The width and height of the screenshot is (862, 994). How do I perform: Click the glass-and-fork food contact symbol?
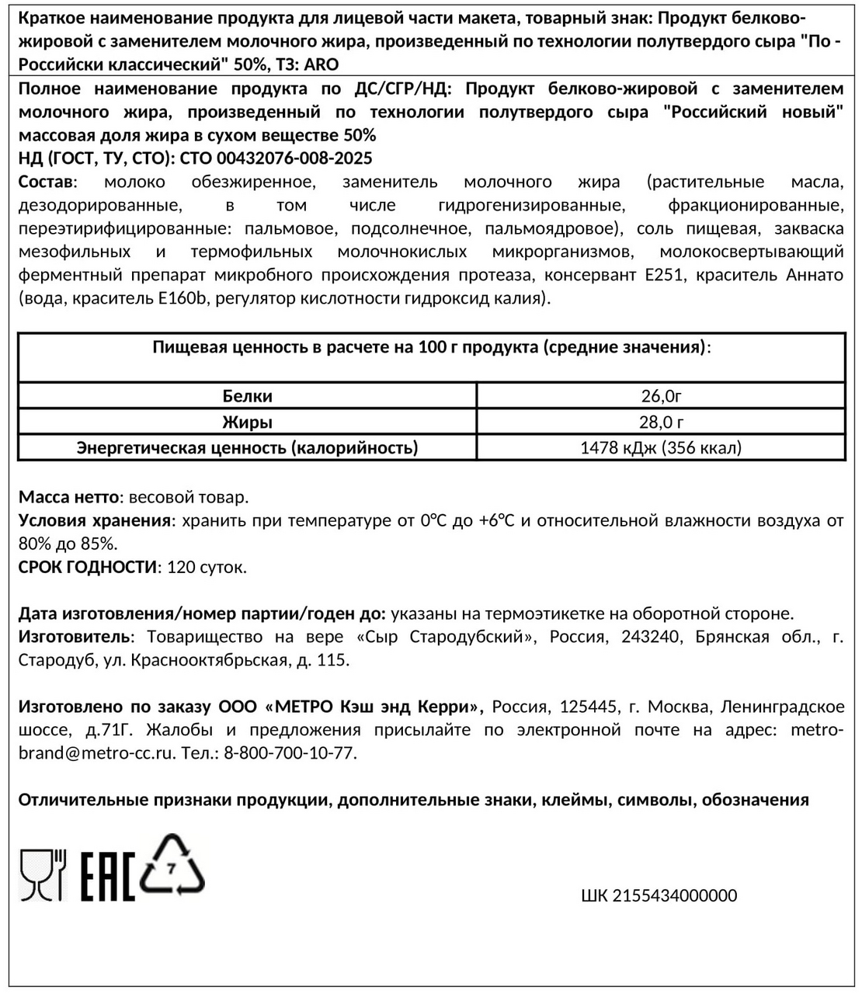pos(42,874)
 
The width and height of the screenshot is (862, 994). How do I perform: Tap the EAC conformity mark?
pos(108,876)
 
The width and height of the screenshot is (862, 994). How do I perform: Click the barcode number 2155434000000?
pos(659,895)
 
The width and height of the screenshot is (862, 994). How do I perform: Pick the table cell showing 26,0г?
pos(661,396)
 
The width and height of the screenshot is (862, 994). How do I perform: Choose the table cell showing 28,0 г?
pos(661,422)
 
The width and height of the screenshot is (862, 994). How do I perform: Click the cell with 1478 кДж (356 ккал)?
pos(661,447)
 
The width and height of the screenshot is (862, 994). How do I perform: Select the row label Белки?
pos(247,396)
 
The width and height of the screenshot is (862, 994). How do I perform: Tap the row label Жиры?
pos(247,422)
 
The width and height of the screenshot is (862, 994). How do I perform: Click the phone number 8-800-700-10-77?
pos(290,753)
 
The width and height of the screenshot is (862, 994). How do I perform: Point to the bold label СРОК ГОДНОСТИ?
pos(87,567)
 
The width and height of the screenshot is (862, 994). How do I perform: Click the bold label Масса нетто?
pos(68,497)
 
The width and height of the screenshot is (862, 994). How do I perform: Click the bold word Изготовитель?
pos(74,637)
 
